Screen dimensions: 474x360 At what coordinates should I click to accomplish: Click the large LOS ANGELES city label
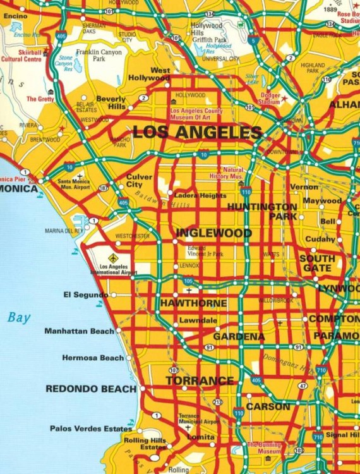[x=197, y=133]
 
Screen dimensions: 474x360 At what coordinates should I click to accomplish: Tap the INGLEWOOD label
[x=213, y=233]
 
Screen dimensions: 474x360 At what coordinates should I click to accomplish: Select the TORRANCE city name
[x=200, y=381]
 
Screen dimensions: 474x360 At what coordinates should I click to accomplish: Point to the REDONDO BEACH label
[x=91, y=389]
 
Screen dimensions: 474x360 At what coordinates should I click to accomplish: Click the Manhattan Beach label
[x=80, y=331]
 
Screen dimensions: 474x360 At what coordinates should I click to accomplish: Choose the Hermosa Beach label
[x=93, y=358]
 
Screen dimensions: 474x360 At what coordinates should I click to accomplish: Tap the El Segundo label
[x=86, y=295]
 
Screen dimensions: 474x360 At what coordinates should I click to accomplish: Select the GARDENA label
[x=239, y=337]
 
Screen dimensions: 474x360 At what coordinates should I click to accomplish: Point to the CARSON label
[x=268, y=406]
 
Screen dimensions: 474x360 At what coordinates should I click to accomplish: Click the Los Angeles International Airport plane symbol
[x=113, y=258]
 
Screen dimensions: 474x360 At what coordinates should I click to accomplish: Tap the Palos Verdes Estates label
[x=91, y=428]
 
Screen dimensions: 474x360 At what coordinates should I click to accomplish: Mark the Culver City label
[x=139, y=181]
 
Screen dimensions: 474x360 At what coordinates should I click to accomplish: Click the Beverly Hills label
[x=111, y=103]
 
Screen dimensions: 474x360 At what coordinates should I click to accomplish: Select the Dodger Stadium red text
[x=270, y=99]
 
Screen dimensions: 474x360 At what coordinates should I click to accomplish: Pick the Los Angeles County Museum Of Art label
[x=196, y=114]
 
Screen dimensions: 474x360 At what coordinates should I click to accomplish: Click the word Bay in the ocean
[x=19, y=318]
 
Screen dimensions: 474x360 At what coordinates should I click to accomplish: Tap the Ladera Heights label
[x=200, y=196]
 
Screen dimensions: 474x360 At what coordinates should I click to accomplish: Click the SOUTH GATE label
[x=317, y=264]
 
